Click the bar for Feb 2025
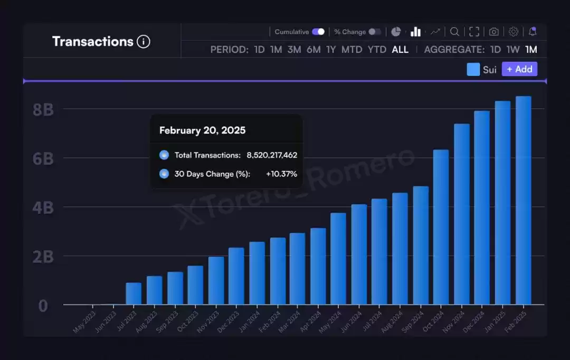524,201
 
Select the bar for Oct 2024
441,227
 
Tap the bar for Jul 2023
134,293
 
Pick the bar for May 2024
338,259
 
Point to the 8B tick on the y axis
43,110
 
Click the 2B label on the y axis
43,257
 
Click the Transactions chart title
93,41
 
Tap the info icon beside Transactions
144,42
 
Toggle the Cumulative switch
318,32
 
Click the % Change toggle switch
375,32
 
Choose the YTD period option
377,50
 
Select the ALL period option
400,50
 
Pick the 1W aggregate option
513,50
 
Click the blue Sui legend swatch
473,69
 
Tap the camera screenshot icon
493,32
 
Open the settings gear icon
514,32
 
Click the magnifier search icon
454,32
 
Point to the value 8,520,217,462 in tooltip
272,155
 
